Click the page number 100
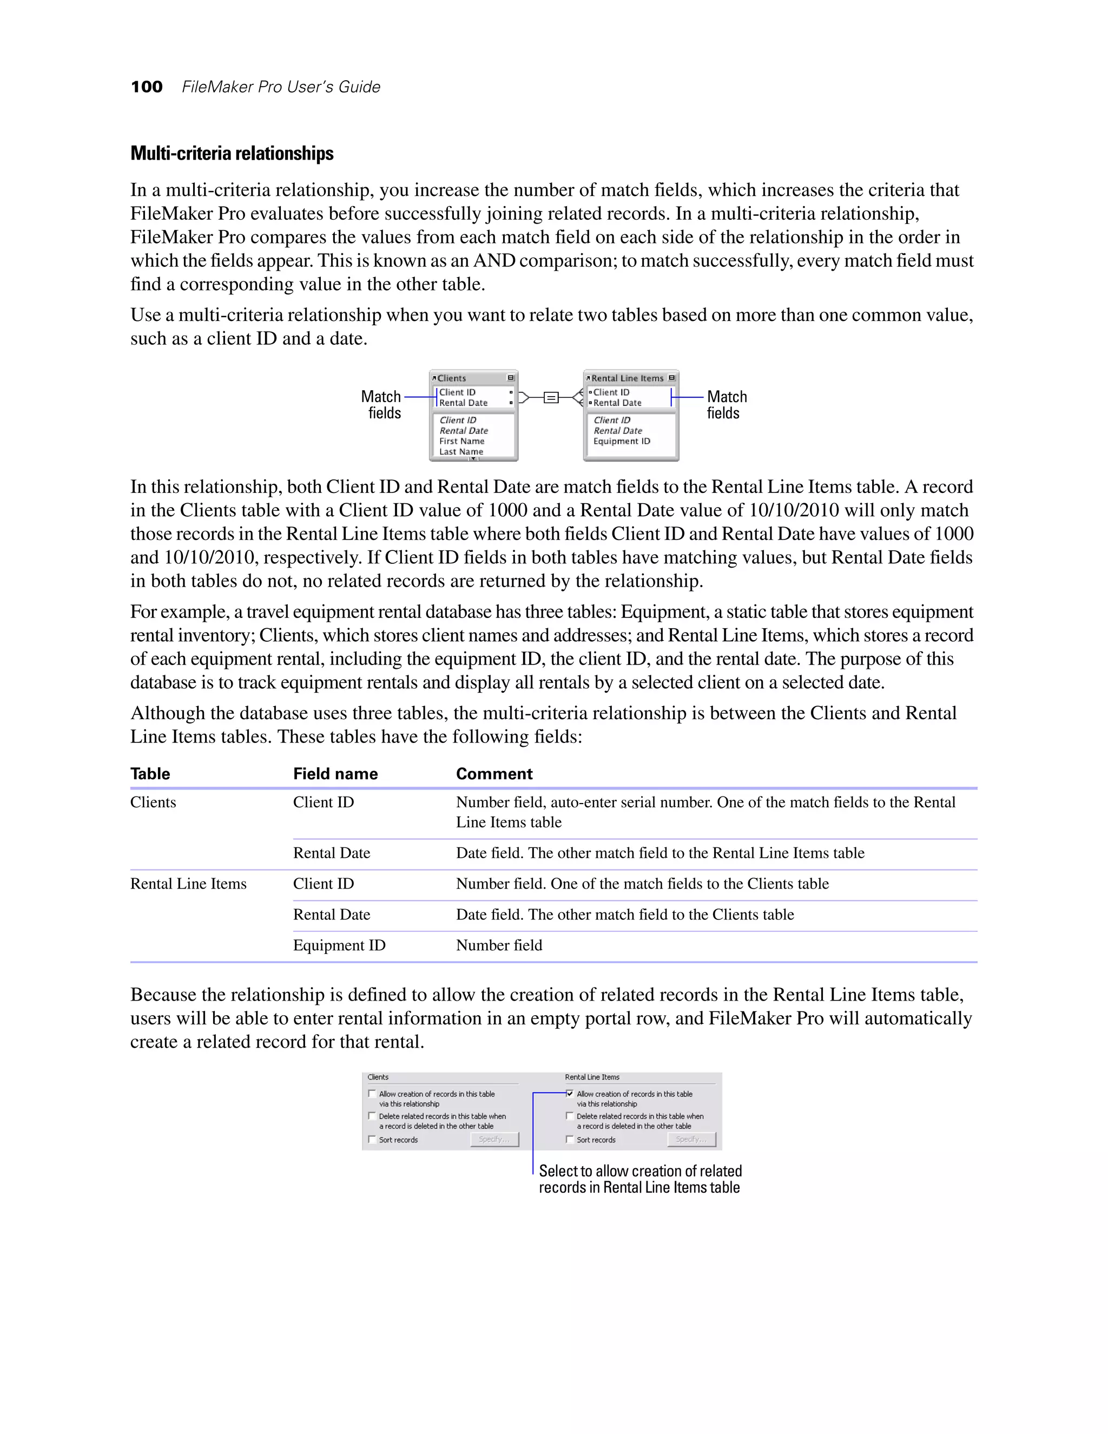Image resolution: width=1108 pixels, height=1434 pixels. [147, 87]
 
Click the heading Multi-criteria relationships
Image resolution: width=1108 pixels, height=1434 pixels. [232, 154]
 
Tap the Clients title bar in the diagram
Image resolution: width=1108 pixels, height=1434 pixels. [473, 378]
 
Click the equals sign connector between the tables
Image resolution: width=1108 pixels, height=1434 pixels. [551, 397]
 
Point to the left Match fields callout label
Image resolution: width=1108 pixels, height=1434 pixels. [381, 404]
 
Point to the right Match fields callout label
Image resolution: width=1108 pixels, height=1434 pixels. [726, 404]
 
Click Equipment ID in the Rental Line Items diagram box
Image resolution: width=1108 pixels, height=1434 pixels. [621, 441]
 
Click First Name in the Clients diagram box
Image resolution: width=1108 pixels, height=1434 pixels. [461, 441]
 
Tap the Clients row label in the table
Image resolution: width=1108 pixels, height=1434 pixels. [153, 802]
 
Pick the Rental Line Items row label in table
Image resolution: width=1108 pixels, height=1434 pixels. [188, 884]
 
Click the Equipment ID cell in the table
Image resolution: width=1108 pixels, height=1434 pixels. [339, 945]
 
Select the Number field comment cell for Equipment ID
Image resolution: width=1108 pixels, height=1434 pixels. [499, 945]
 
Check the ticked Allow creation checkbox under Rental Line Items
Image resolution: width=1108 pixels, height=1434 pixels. [570, 1094]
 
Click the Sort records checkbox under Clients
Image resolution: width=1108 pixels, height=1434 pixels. [372, 1140]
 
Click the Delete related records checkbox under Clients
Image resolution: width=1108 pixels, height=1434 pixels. [372, 1116]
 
